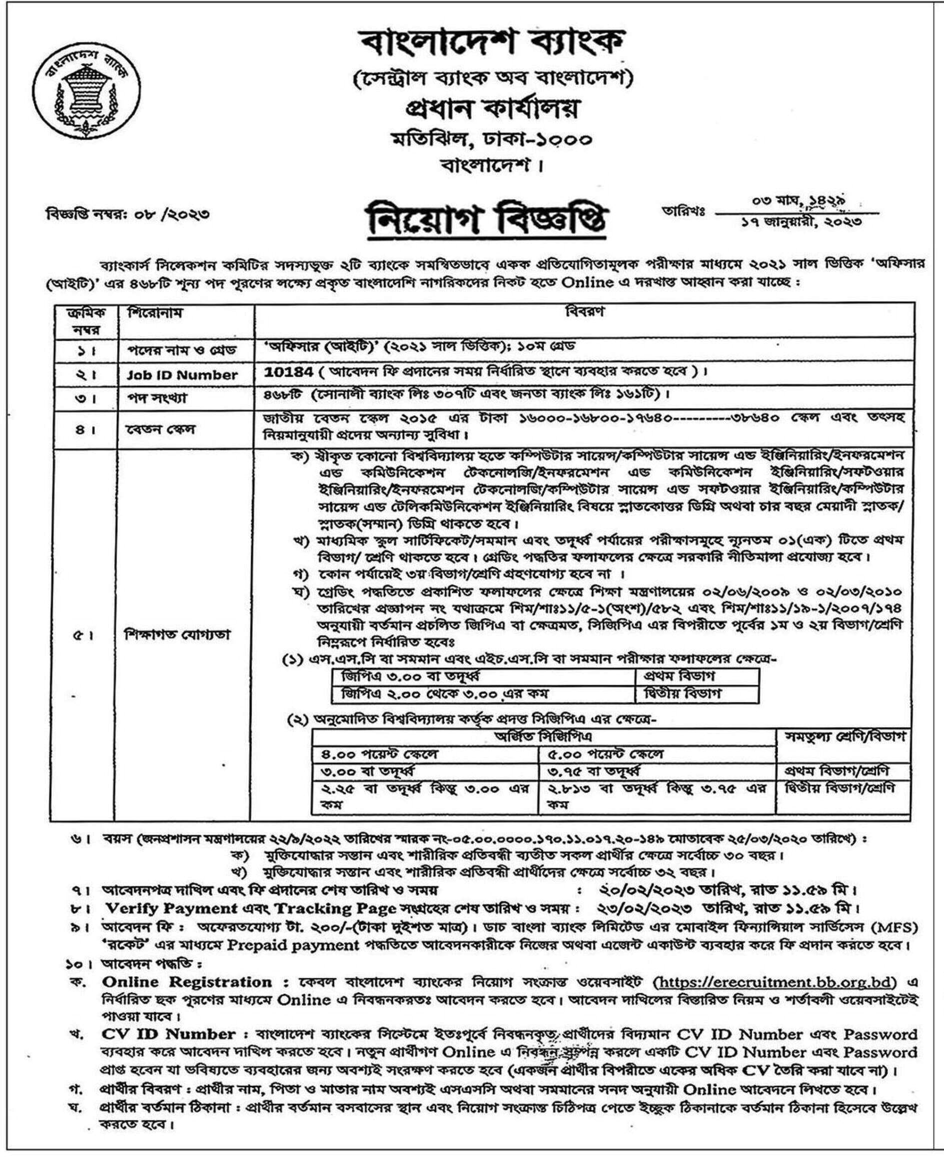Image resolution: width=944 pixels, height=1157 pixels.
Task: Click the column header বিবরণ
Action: (585, 311)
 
